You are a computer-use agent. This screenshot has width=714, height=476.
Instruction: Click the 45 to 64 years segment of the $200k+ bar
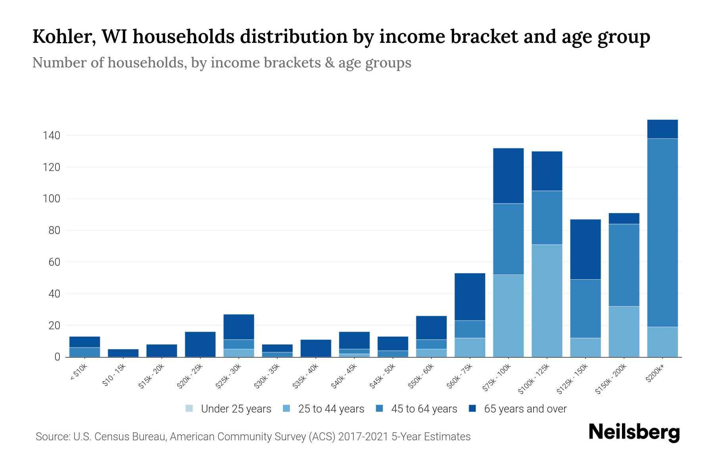point(662,232)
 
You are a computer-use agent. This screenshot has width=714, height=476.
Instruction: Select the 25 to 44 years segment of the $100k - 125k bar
point(547,301)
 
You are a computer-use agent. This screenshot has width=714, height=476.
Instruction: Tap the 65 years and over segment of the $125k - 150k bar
point(585,249)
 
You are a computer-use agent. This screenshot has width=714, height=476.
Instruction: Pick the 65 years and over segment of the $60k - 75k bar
point(470,297)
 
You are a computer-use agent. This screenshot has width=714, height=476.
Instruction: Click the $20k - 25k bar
point(200,344)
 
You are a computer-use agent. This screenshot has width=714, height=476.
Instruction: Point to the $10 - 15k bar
point(123,353)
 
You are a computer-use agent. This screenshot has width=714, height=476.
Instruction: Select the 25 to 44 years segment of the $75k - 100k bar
point(509,316)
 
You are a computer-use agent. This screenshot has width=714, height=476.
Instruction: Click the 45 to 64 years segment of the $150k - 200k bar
point(624,265)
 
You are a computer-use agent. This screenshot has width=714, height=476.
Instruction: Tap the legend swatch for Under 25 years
point(190,408)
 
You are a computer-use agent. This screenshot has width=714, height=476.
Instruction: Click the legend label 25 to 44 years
point(331,409)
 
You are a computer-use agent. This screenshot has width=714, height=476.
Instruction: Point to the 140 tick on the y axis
point(52,136)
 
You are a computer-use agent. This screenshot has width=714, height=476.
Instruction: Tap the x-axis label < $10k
point(79,372)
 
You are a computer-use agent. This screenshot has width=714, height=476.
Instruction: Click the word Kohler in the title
point(62,36)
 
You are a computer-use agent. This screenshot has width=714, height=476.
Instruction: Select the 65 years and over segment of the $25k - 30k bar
point(239,327)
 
